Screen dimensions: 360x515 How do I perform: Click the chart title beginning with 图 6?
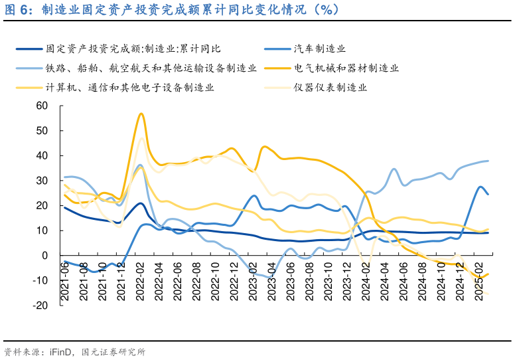(x=172, y=9)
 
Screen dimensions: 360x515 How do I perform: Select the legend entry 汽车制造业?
(x=320, y=49)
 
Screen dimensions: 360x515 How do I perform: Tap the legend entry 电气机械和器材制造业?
(x=346, y=68)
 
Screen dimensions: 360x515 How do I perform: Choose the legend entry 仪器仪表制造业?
(x=331, y=87)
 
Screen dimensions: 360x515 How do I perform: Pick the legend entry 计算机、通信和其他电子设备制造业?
(x=130, y=87)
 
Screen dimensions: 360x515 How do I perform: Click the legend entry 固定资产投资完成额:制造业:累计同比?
(x=133, y=49)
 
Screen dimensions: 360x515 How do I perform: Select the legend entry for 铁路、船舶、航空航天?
(x=151, y=68)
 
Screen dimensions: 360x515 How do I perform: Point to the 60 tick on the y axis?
(x=42, y=106)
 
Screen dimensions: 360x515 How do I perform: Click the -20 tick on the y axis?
(x=41, y=306)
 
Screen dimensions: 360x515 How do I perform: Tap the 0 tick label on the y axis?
(x=46, y=256)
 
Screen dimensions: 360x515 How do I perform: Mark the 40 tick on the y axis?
(x=42, y=155)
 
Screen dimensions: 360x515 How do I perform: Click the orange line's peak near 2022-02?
(x=141, y=114)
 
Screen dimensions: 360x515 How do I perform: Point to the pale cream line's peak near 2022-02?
(x=141, y=138)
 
